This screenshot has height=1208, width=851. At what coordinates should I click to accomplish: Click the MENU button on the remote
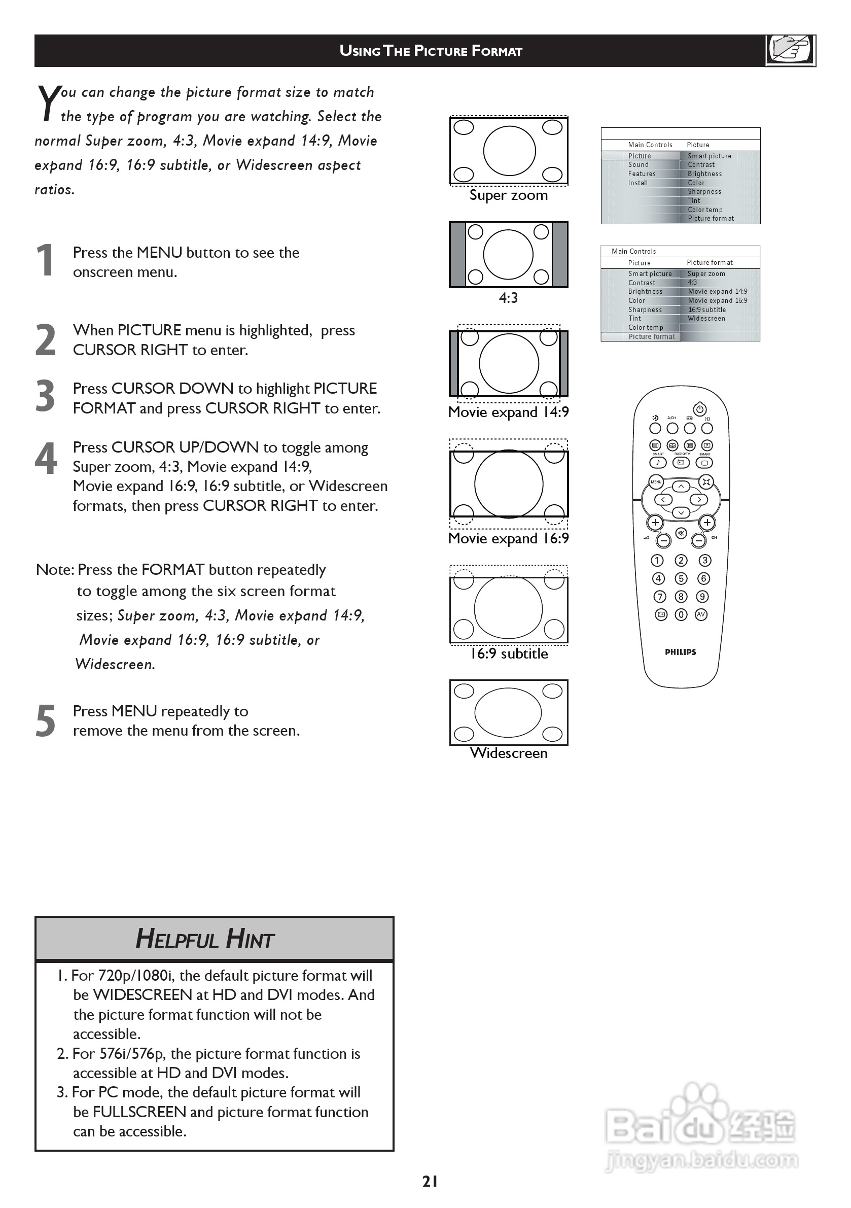point(656,482)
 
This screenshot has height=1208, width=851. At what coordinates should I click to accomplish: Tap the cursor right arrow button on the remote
point(699,499)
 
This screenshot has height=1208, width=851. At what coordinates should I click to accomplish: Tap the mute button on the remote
point(681,534)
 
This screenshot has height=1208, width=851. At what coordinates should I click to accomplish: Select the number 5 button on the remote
point(681,579)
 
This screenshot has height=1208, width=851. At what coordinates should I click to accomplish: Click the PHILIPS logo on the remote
point(681,652)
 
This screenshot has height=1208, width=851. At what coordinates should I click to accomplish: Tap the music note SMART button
point(657,463)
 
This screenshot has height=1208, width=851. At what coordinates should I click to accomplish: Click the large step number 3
point(45,396)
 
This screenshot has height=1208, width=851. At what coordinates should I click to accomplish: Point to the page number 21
point(430,1182)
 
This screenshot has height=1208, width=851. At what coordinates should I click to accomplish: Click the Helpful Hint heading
point(205,939)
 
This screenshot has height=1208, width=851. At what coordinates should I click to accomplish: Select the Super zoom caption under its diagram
point(509,195)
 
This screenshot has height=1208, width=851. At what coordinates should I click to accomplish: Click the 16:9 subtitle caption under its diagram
point(509,653)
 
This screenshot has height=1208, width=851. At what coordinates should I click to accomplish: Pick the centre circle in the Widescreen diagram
point(508,713)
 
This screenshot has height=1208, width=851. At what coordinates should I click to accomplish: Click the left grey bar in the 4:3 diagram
point(457,255)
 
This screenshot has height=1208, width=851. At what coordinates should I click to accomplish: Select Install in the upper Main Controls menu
point(638,183)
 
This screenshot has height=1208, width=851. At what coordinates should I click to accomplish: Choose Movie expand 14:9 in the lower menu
point(718,292)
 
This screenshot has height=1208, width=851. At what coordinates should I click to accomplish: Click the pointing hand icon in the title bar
point(790,50)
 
